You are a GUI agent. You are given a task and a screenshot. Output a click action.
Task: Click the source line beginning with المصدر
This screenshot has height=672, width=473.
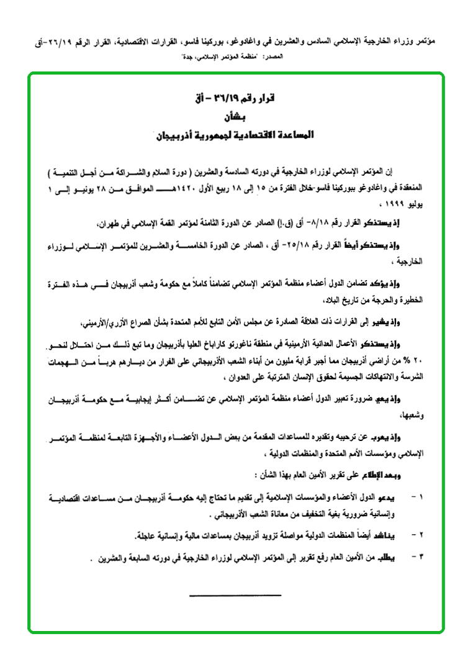(x=235, y=57)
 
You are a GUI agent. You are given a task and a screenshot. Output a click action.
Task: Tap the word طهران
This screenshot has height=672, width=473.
(x=161, y=222)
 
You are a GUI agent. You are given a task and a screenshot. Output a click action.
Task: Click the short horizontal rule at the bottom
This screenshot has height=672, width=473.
(x=235, y=595)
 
